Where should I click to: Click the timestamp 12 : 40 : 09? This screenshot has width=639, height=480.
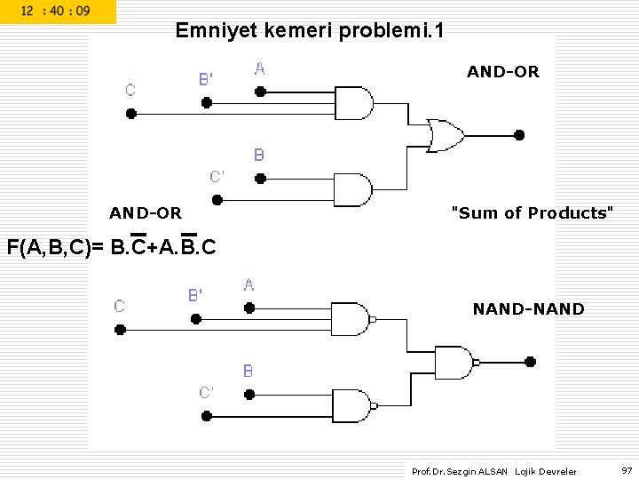(55, 12)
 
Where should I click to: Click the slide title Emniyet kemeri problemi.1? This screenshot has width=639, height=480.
(310, 31)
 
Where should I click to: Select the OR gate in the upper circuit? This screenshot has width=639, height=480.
(445, 135)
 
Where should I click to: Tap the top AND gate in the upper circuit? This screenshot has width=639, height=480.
(352, 103)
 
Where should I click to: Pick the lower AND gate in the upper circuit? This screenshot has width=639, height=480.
(352, 189)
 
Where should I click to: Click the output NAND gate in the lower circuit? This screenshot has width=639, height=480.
(454, 362)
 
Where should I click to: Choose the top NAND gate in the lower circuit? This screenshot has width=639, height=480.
(350, 318)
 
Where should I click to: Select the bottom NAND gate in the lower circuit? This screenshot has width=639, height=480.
(350, 405)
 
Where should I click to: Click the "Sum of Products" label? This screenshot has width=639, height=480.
(532, 212)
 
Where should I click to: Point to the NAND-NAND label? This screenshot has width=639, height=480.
(528, 309)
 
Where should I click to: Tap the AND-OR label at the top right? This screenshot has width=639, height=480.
(502, 72)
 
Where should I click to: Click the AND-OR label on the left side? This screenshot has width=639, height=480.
(146, 212)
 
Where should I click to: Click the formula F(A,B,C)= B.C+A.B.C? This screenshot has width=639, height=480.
(111, 246)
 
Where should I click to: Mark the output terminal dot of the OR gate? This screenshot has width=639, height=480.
(519, 135)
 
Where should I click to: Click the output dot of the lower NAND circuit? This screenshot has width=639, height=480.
(530, 362)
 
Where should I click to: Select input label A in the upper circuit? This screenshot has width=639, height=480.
(260, 68)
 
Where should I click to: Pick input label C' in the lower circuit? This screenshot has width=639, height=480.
(206, 392)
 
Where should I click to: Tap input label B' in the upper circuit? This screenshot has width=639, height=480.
(205, 79)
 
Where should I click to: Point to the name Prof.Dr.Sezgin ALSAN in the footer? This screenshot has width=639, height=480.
(460, 471)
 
